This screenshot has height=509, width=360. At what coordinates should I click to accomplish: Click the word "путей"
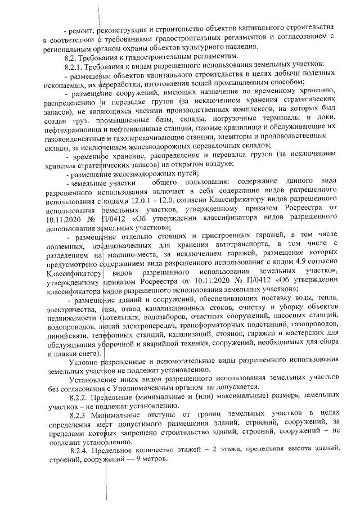[183, 174]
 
